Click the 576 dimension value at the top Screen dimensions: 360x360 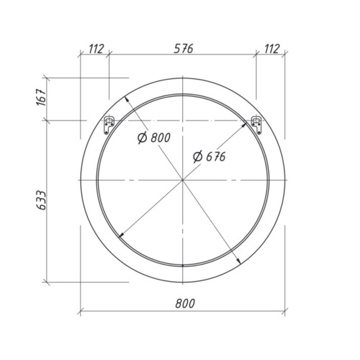(183, 48)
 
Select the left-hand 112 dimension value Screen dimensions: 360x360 (94, 48)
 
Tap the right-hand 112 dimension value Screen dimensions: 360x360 (271, 48)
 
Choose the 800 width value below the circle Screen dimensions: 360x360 (183, 304)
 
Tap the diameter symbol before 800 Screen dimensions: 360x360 (140, 138)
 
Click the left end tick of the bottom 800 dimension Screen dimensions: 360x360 (80, 312)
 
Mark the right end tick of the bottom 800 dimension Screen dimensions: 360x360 (286, 312)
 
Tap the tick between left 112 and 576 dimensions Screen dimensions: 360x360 (109, 55)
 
